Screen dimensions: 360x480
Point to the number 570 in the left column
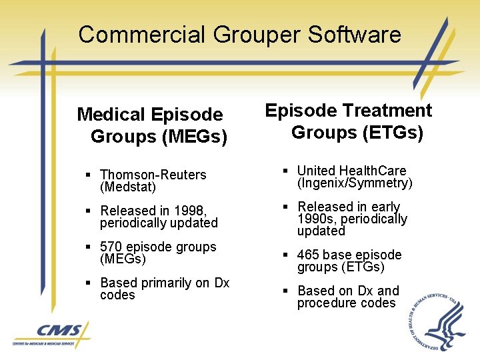point(112,247)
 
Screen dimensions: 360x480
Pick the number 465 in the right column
point(309,255)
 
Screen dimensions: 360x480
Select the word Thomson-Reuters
point(153,175)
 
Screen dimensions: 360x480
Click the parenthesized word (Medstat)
point(128,187)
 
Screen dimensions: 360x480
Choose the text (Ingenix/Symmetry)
point(355,183)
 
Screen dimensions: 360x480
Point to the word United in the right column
point(316,171)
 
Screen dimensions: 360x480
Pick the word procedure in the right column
point(325,303)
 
